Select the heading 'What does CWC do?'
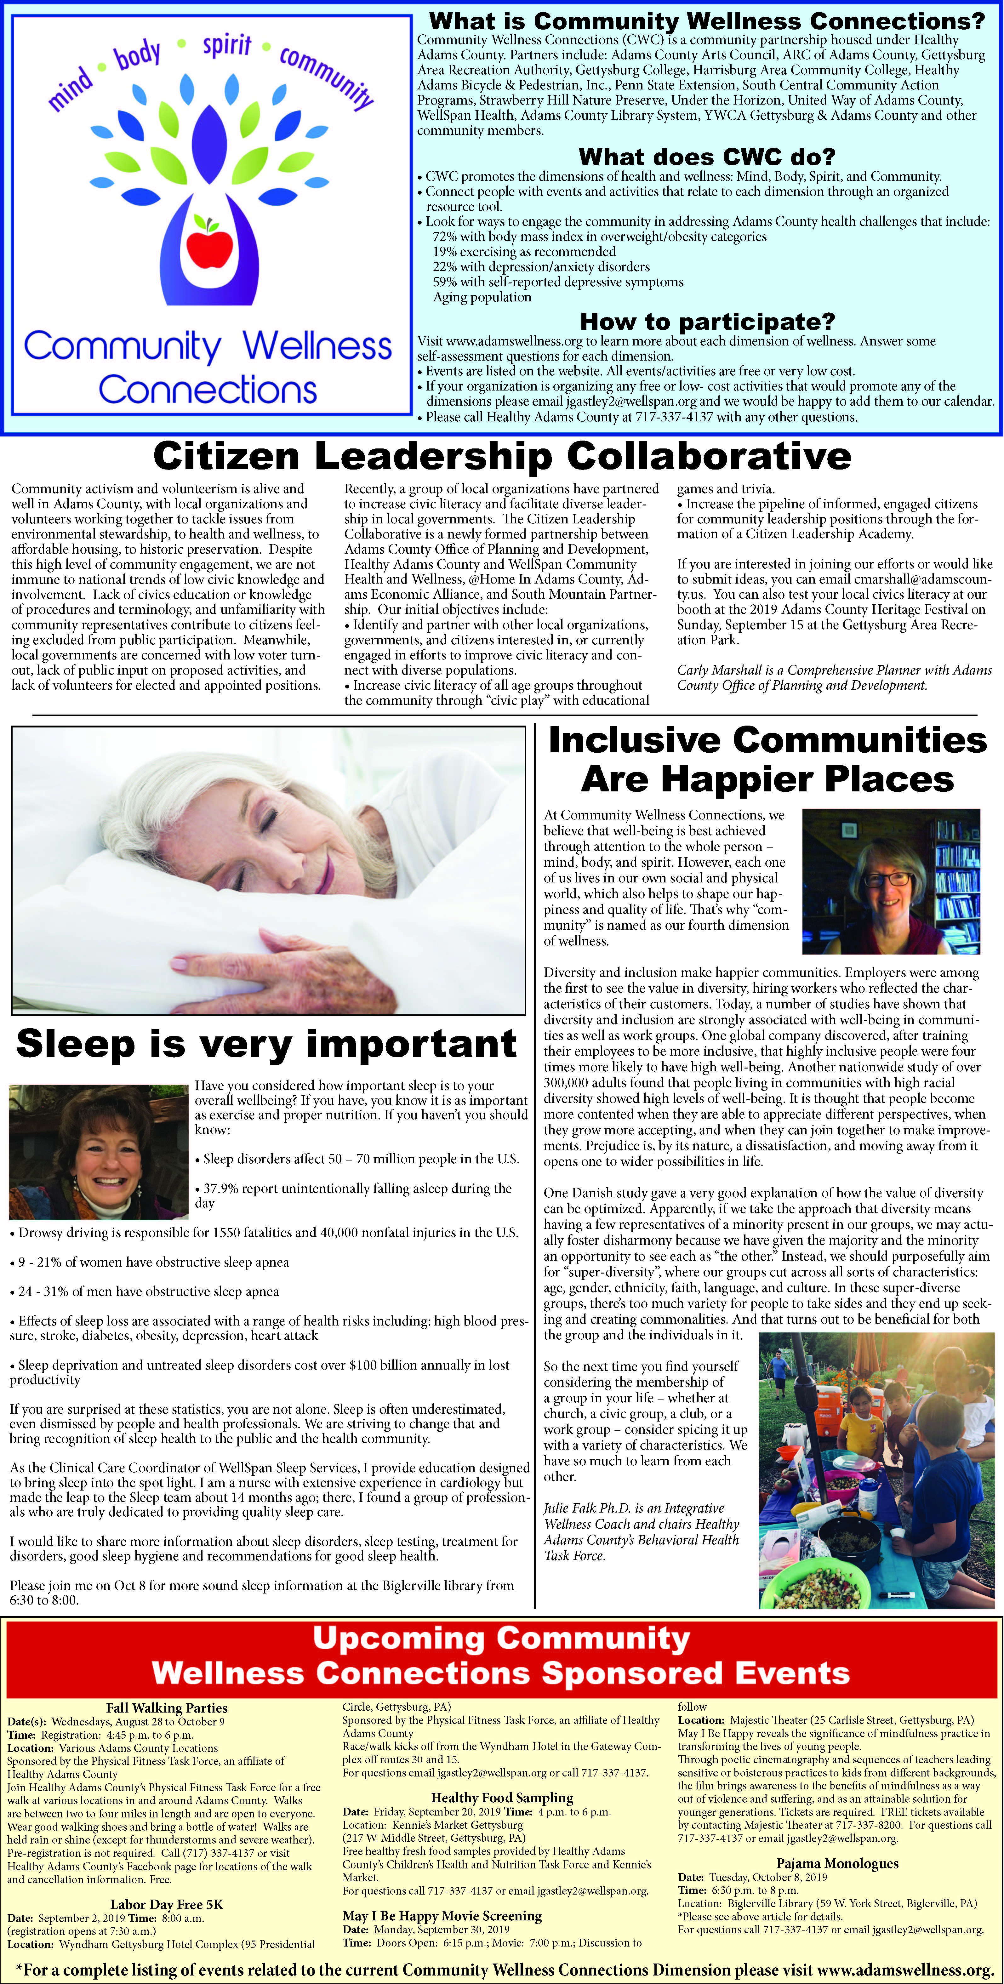coord(706,157)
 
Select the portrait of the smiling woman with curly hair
coord(99,1151)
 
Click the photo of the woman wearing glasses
coord(891,881)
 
